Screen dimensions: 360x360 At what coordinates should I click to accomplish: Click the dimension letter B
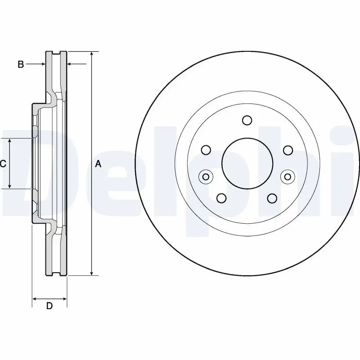pyautogui.click(x=20, y=65)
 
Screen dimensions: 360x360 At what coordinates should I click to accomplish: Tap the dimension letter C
pyautogui.click(x=3, y=164)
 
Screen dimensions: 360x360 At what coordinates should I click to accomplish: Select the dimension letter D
pyautogui.click(x=50, y=306)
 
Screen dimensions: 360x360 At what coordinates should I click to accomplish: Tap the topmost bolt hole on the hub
pyautogui.click(x=247, y=120)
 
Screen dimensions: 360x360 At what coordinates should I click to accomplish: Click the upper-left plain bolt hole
pyautogui.click(x=206, y=150)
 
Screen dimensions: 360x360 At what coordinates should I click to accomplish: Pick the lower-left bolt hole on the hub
pyautogui.click(x=221, y=198)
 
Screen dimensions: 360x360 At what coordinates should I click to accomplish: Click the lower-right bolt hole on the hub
pyautogui.click(x=272, y=198)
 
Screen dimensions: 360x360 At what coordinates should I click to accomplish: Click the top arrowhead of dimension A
pyautogui.click(x=92, y=54)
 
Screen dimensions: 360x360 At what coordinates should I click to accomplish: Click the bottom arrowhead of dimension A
pyautogui.click(x=92, y=273)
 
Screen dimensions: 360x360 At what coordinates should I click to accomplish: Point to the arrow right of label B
pyautogui.click(x=42, y=65)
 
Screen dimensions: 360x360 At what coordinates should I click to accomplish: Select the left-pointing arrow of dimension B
pyautogui.click(x=70, y=65)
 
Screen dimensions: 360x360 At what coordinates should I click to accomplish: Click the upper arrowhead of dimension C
pyautogui.click(x=10, y=141)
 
